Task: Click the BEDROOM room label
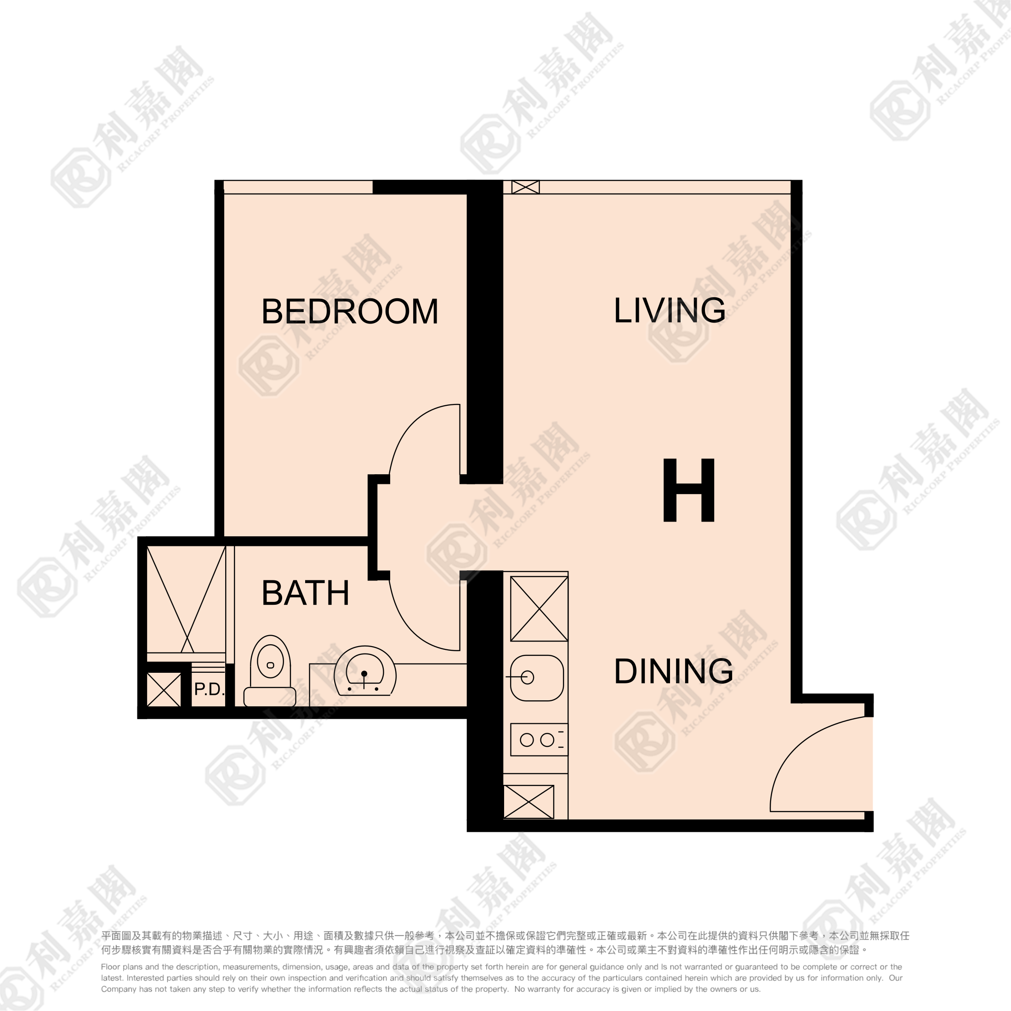[350, 312]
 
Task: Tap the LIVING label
[669, 310]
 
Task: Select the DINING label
[674, 671]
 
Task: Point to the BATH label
[305, 593]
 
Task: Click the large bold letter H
[689, 490]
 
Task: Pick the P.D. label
[209, 689]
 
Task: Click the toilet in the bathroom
[270, 670]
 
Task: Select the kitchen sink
[537, 678]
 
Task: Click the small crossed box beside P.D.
[164, 690]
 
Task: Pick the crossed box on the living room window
[525, 187]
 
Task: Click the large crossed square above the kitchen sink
[539, 608]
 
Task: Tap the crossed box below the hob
[528, 802]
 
